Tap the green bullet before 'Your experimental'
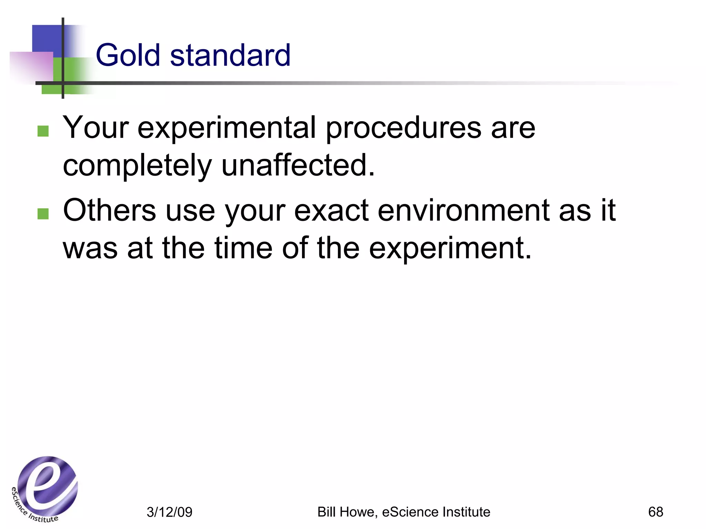pyautogui.click(x=43, y=131)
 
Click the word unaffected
pyautogui.click(x=297, y=165)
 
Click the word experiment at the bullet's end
pyautogui.click(x=450, y=249)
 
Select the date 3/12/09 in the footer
pyautogui.click(x=169, y=512)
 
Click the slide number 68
pyautogui.click(x=655, y=512)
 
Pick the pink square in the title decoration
pyautogui.click(x=32, y=67)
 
